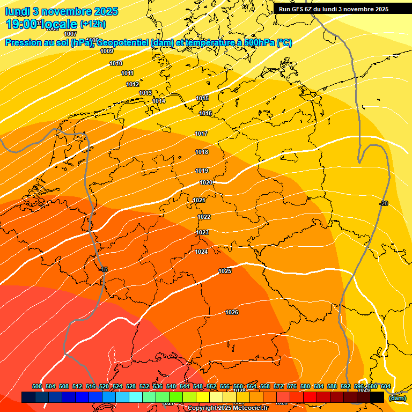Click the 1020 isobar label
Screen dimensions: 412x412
(206, 182)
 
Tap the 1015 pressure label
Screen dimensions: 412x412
(202, 98)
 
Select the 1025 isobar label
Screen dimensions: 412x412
(225, 271)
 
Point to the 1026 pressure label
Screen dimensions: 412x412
(232, 312)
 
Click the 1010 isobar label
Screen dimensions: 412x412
(116, 63)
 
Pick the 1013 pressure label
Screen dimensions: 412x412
(145, 93)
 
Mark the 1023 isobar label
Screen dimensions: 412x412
(202, 232)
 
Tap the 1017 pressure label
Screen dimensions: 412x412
(201, 134)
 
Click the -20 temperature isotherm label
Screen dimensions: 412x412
(383, 203)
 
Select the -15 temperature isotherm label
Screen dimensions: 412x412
(104, 269)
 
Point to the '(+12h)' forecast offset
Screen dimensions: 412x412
(93, 24)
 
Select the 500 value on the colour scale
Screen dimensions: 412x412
(37, 386)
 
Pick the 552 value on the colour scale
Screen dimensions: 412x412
(211, 386)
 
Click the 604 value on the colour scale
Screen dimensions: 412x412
(385, 386)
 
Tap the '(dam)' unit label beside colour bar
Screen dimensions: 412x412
(397, 398)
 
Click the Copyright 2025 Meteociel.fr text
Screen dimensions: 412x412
(227, 408)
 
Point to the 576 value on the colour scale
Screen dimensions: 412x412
(292, 386)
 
